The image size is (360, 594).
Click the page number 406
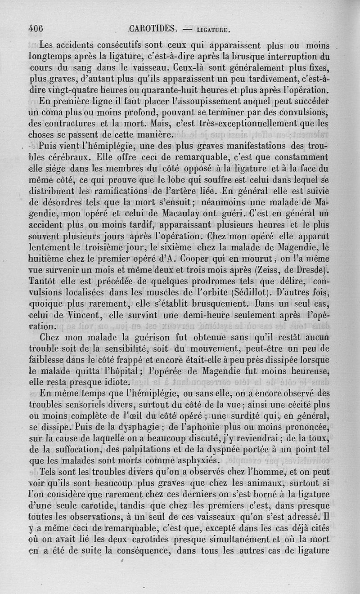pyautogui.click(x=36, y=28)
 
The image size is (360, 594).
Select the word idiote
pyautogui.click(x=114, y=383)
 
